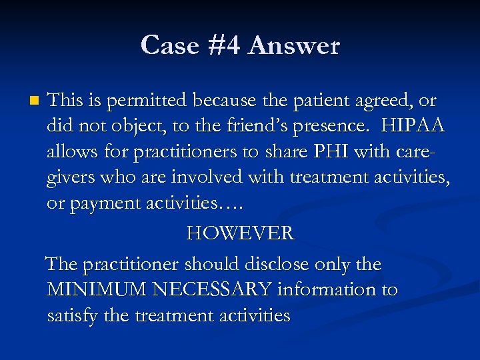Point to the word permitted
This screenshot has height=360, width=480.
(143, 101)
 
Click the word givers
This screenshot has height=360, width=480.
(70, 177)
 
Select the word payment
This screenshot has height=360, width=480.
(104, 203)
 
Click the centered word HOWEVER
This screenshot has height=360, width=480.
(239, 233)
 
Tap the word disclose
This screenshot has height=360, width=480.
(280, 264)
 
